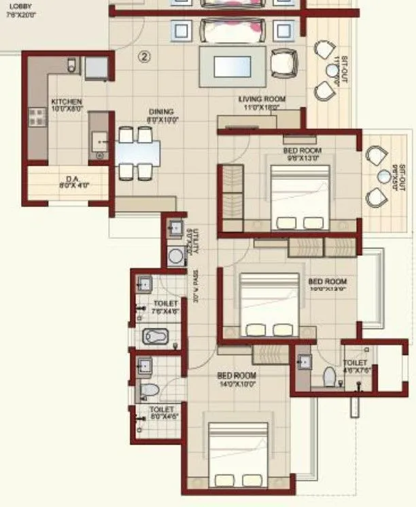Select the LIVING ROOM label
[x=262, y=99]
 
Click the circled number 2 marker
[x=144, y=56]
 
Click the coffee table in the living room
[x=232, y=67]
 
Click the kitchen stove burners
[x=35, y=118]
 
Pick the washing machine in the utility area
[x=176, y=256]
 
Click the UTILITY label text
[x=195, y=242]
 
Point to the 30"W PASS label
[x=194, y=288]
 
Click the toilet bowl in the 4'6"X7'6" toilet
[x=329, y=377]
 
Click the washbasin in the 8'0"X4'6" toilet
[x=144, y=366]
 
